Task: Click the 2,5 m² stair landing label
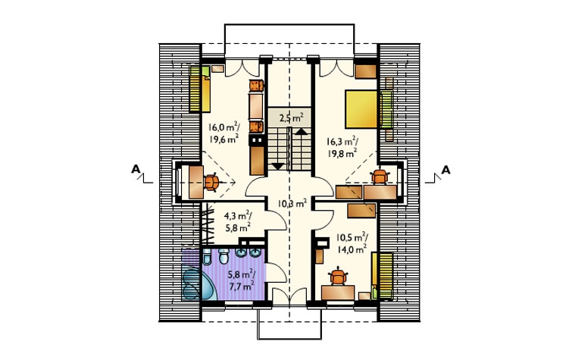tap(292, 118)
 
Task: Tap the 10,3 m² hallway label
tap(292, 203)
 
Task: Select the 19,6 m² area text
tap(224, 139)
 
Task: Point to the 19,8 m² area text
tap(342, 153)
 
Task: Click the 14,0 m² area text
tap(352, 250)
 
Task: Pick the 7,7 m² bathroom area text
tap(242, 286)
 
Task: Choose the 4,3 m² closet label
tap(237, 216)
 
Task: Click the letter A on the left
tap(136, 169)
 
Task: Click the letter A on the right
tap(445, 170)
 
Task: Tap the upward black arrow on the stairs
tap(302, 132)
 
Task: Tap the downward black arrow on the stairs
tap(277, 166)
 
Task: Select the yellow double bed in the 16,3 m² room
tap(361, 109)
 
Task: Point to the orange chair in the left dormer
tap(211, 182)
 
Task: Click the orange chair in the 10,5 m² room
tap(338, 277)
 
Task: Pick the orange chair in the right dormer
tap(380, 177)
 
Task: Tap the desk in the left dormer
tap(196, 182)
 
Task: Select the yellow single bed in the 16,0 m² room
tap(199, 89)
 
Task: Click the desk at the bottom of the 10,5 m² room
tap(338, 293)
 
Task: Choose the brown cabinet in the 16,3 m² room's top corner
tap(366, 71)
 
